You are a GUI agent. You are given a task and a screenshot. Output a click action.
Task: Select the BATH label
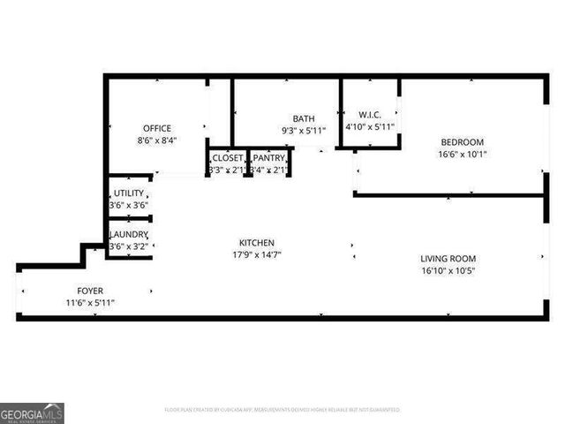point(304,118)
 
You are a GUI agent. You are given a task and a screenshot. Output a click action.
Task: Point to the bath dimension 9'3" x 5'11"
point(304,131)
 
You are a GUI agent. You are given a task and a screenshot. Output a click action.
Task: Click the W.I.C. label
point(369,114)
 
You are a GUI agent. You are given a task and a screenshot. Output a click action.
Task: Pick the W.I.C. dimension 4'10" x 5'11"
point(369,126)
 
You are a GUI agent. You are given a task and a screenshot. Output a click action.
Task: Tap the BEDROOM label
point(463,142)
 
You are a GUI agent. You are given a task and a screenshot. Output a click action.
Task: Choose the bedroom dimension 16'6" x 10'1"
point(463,155)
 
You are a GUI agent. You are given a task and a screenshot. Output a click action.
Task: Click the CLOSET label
point(227,158)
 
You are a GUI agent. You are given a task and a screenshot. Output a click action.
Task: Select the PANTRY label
point(268,158)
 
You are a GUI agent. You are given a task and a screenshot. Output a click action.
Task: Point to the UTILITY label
point(128,193)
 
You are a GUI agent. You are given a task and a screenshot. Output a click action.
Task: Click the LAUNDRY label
point(128,234)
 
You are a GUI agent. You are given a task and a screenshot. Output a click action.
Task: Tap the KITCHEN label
point(257,243)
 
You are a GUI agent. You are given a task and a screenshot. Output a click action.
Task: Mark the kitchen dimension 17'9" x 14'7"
point(257,255)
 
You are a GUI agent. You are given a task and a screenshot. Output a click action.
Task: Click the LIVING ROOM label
point(448,259)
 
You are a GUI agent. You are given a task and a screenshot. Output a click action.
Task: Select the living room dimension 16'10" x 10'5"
point(448,271)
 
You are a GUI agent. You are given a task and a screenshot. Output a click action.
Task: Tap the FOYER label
point(89,291)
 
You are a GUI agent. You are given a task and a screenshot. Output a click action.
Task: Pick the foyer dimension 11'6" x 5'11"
point(89,303)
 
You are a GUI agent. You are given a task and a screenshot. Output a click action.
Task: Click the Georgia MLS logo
point(32,413)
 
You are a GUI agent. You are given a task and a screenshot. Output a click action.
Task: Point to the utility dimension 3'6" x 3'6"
point(128,205)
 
